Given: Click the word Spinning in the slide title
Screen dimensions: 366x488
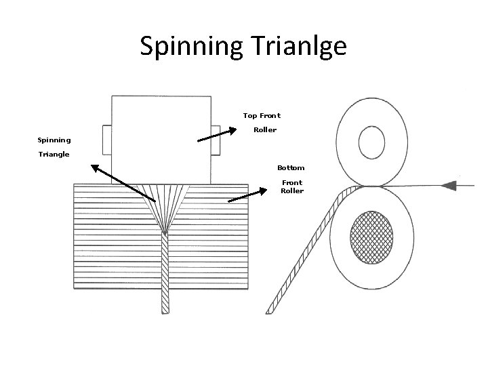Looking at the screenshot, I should click(185, 47).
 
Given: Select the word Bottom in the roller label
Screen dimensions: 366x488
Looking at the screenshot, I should click(291, 167).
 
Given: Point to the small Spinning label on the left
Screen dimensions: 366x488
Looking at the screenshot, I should click(54, 140).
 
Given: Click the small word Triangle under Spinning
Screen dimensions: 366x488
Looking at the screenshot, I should click(54, 155).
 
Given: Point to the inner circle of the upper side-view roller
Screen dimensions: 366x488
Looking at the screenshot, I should click(371, 143).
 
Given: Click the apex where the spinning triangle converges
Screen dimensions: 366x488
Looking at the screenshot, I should click(165, 232).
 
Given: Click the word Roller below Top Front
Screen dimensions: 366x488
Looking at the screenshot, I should click(265, 129).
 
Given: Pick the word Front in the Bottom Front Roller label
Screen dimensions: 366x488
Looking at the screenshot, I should click(292, 182).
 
